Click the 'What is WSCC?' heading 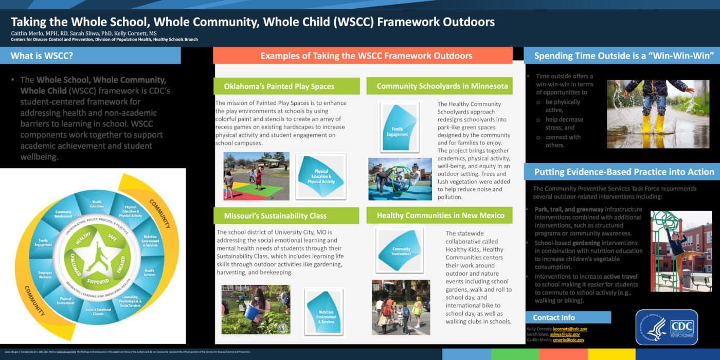click(x=42, y=56)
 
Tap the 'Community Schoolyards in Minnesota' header click(x=442, y=86)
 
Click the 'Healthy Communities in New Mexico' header click(x=440, y=215)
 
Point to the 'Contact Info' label click(x=553, y=317)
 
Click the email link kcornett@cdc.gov click(x=570, y=329)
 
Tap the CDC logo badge click(x=667, y=327)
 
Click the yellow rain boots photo click(x=658, y=114)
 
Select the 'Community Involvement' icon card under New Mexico click(x=401, y=251)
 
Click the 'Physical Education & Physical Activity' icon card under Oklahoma click(x=321, y=176)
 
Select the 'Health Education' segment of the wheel click(x=97, y=204)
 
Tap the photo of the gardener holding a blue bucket click(x=256, y=310)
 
